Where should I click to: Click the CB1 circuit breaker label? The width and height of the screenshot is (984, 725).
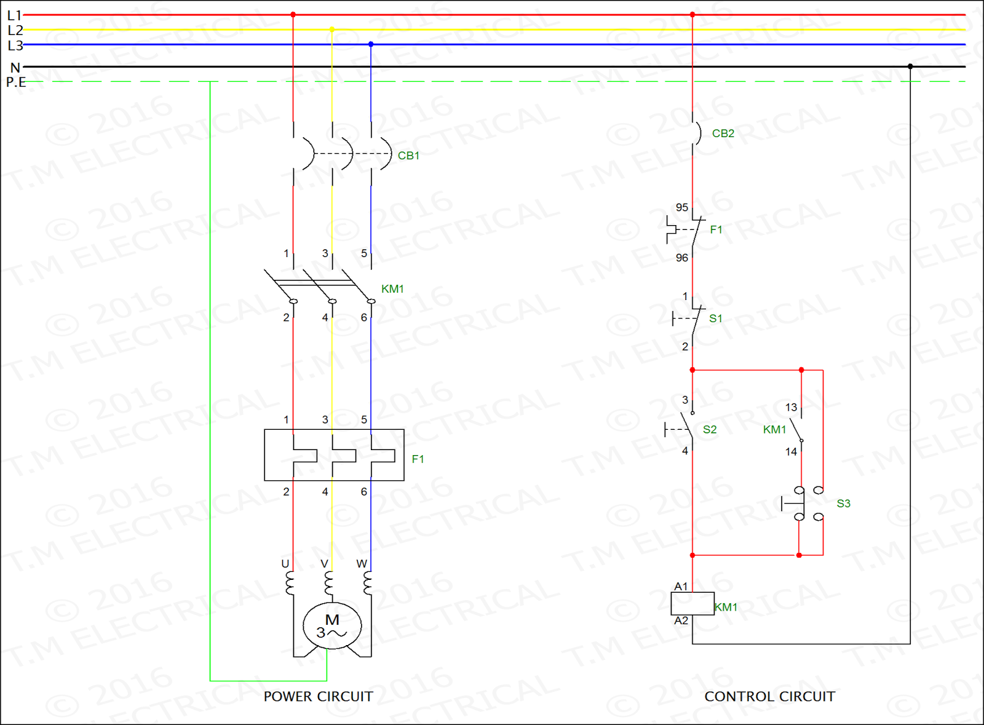(x=408, y=156)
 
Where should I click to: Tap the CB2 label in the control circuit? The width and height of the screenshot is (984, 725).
(x=723, y=133)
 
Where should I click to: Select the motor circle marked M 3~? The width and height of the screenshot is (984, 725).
(x=332, y=626)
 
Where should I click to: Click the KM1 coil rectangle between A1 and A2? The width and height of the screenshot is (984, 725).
(x=692, y=604)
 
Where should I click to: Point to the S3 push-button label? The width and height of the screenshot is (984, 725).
(x=843, y=504)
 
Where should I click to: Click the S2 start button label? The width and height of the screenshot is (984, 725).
(x=710, y=429)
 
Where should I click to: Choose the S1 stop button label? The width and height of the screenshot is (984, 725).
(x=715, y=319)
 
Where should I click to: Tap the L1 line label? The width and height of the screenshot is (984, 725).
(x=14, y=15)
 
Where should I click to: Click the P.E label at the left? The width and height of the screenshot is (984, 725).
(x=16, y=82)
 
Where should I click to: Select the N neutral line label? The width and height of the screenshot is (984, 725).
(x=15, y=67)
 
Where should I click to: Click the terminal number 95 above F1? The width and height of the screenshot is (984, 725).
(x=682, y=207)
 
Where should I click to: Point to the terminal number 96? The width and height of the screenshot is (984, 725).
(x=682, y=258)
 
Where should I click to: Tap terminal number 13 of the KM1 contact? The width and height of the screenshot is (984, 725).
(x=791, y=407)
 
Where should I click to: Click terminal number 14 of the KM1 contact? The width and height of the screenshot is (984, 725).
(x=791, y=451)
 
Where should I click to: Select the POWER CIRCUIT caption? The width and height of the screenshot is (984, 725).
(x=318, y=696)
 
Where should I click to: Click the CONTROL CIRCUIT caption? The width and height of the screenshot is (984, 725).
(x=769, y=696)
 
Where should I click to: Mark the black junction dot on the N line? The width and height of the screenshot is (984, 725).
(x=910, y=66)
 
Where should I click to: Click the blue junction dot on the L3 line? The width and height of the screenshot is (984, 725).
(x=371, y=44)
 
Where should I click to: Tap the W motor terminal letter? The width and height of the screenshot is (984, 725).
(x=362, y=563)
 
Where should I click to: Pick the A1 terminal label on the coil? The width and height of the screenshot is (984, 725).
(x=681, y=586)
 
